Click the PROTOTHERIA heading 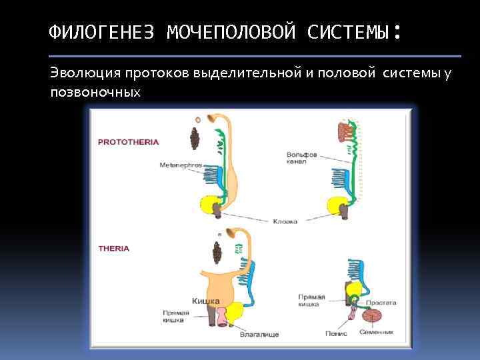(129, 142)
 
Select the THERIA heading (114, 248)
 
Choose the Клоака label (285, 221)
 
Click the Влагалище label (259, 333)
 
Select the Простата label (383, 302)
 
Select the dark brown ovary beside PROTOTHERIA (196, 139)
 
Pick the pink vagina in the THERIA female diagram (234, 312)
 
